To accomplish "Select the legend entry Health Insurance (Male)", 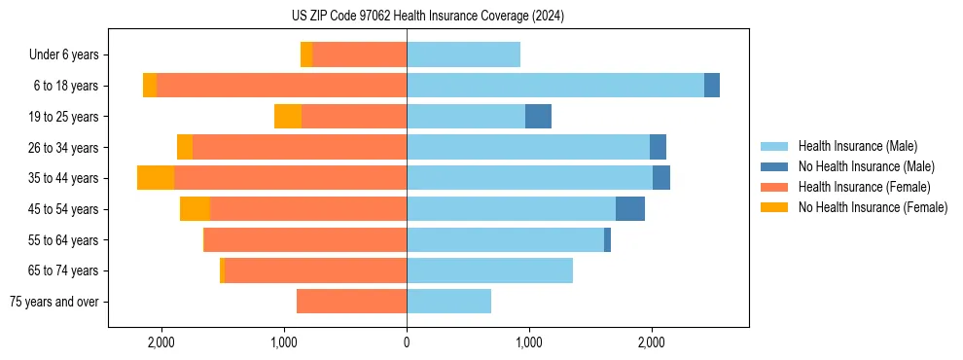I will tap(857, 146).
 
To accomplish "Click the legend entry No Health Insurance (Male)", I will tap(866, 166).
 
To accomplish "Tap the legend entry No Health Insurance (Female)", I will tap(873, 207).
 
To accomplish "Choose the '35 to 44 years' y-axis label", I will tap(63, 178).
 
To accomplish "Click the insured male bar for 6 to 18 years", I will tap(554, 86).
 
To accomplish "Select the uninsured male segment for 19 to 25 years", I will tap(538, 117).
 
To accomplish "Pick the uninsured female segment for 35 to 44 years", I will tap(156, 178).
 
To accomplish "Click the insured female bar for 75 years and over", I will tap(351, 302).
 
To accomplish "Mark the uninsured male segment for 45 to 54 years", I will tap(630, 209).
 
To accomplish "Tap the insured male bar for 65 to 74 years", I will tap(489, 270).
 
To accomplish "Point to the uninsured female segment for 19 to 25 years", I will tap(288, 117).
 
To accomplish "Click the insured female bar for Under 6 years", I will tap(359, 55).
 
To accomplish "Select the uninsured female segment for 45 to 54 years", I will tap(195, 209).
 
